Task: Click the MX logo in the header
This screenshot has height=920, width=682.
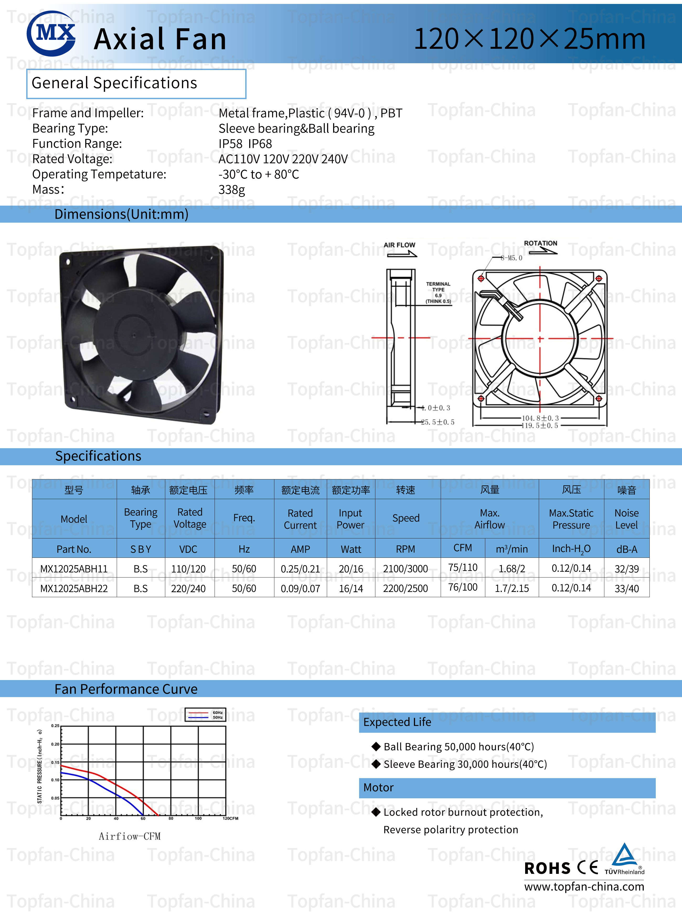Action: click(x=51, y=33)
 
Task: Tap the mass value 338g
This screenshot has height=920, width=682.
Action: click(x=232, y=190)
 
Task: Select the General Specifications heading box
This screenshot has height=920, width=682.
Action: click(x=136, y=84)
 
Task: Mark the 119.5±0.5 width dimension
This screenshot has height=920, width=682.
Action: click(x=540, y=426)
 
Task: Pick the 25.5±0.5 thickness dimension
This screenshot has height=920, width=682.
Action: click(x=437, y=422)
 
